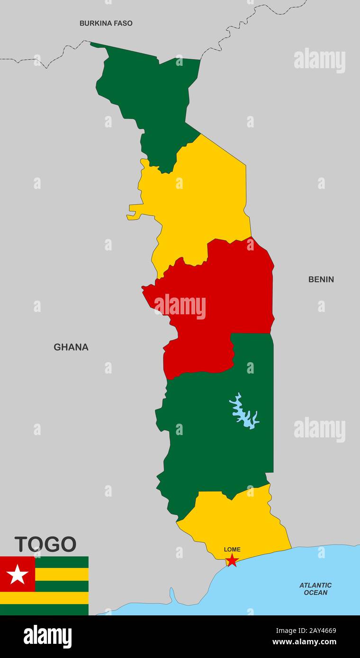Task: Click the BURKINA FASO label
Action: click(x=106, y=23)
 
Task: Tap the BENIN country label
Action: click(x=321, y=279)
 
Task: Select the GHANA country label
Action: click(x=71, y=347)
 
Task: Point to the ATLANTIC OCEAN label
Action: click(x=315, y=589)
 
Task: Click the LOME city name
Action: click(x=232, y=550)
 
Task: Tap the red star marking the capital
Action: click(x=232, y=560)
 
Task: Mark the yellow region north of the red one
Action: click(x=199, y=199)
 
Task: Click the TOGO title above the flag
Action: click(x=45, y=544)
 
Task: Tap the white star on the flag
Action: click(x=18, y=574)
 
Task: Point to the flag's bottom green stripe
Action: click(x=44, y=610)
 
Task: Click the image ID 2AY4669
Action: click(x=317, y=631)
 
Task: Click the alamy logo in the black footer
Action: click(x=47, y=637)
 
